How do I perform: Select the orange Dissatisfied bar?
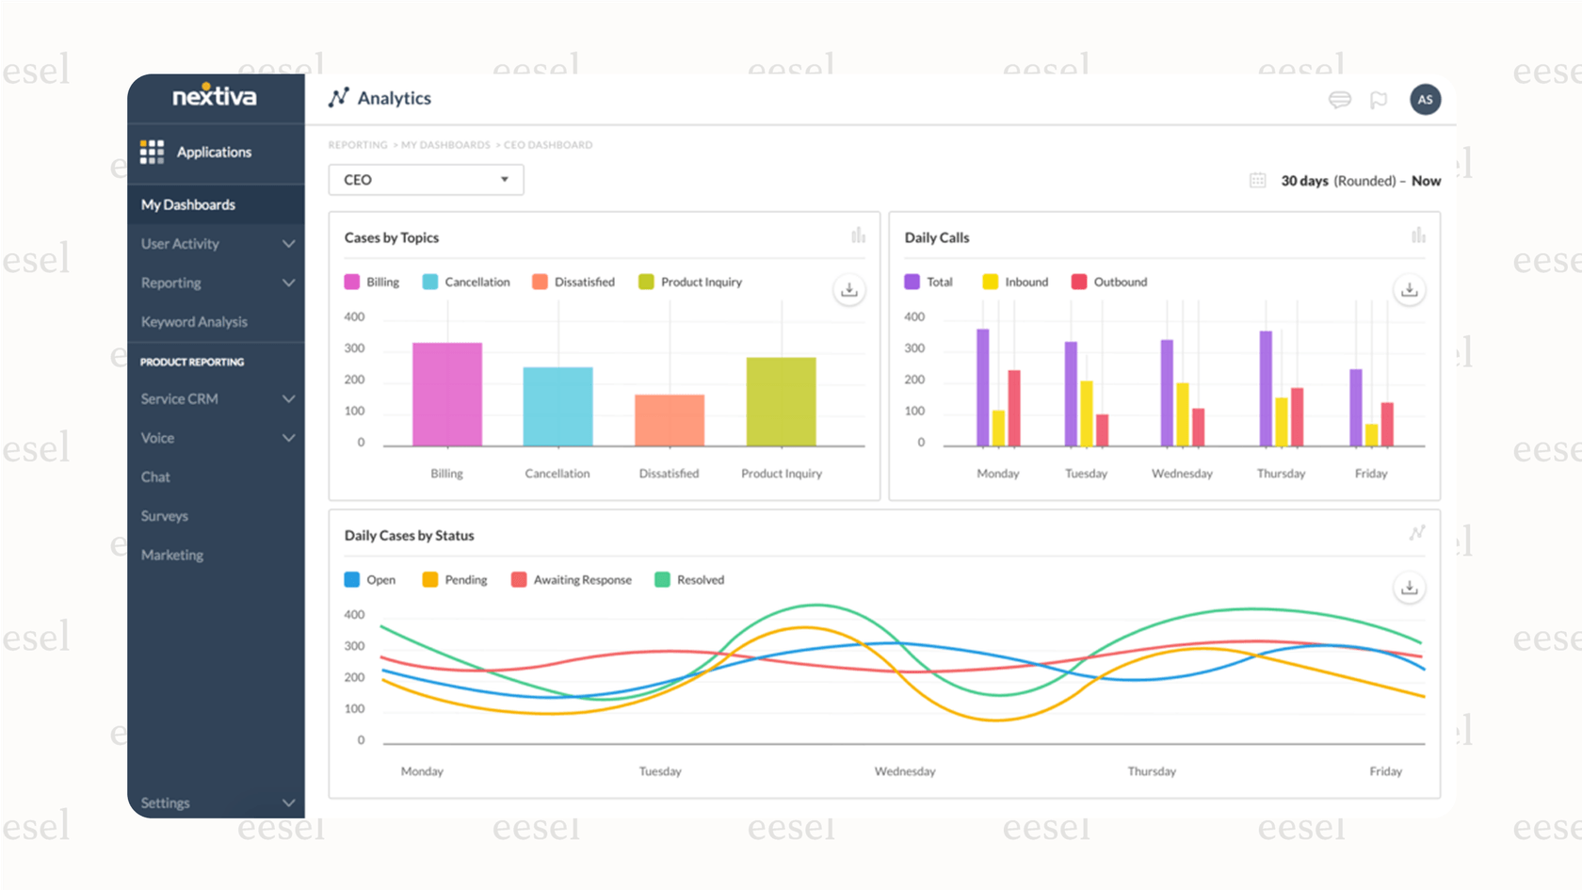coord(670,420)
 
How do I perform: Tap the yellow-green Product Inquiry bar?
coord(781,401)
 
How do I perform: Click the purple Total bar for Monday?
coord(983,387)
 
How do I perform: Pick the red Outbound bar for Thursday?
coord(1297,417)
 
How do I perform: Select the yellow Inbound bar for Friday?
coord(1372,435)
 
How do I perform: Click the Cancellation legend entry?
coord(467,282)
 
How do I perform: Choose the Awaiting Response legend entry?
coord(572,580)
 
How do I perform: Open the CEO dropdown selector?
coord(426,180)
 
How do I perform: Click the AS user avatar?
coord(1425,99)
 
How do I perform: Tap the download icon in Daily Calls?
coord(1409,290)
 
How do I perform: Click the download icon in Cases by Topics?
coord(848,290)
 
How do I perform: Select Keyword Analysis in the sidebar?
coord(194,322)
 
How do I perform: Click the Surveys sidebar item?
coord(165,516)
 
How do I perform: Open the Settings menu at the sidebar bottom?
coord(216,803)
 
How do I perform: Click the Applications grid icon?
coord(152,152)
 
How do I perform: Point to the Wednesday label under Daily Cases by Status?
coord(905,771)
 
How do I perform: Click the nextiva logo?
coord(215,96)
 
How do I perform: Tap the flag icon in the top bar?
coord(1379,100)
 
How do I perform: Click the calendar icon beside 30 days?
coord(1257,181)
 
